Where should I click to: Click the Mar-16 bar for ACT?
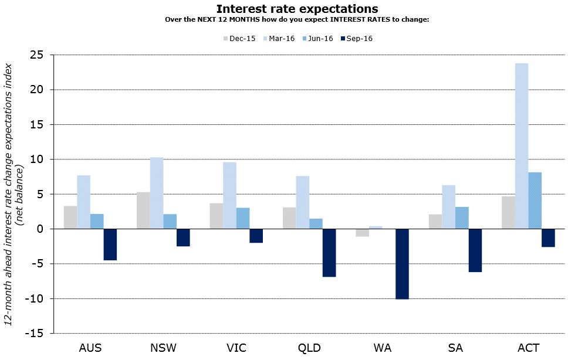click(521, 146)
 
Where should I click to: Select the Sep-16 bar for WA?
click(402, 264)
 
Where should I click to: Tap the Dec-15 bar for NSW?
click(143, 210)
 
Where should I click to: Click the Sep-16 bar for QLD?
click(329, 253)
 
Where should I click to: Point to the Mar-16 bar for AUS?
click(83, 202)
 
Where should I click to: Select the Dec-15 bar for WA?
click(362, 233)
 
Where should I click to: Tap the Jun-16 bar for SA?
click(462, 218)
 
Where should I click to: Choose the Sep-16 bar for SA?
click(475, 250)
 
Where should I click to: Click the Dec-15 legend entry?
click(239, 39)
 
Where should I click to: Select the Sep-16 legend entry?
click(356, 39)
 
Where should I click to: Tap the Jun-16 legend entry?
click(317, 39)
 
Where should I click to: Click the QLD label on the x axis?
click(309, 348)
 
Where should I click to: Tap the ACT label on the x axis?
click(528, 348)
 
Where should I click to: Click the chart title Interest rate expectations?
click(297, 9)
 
